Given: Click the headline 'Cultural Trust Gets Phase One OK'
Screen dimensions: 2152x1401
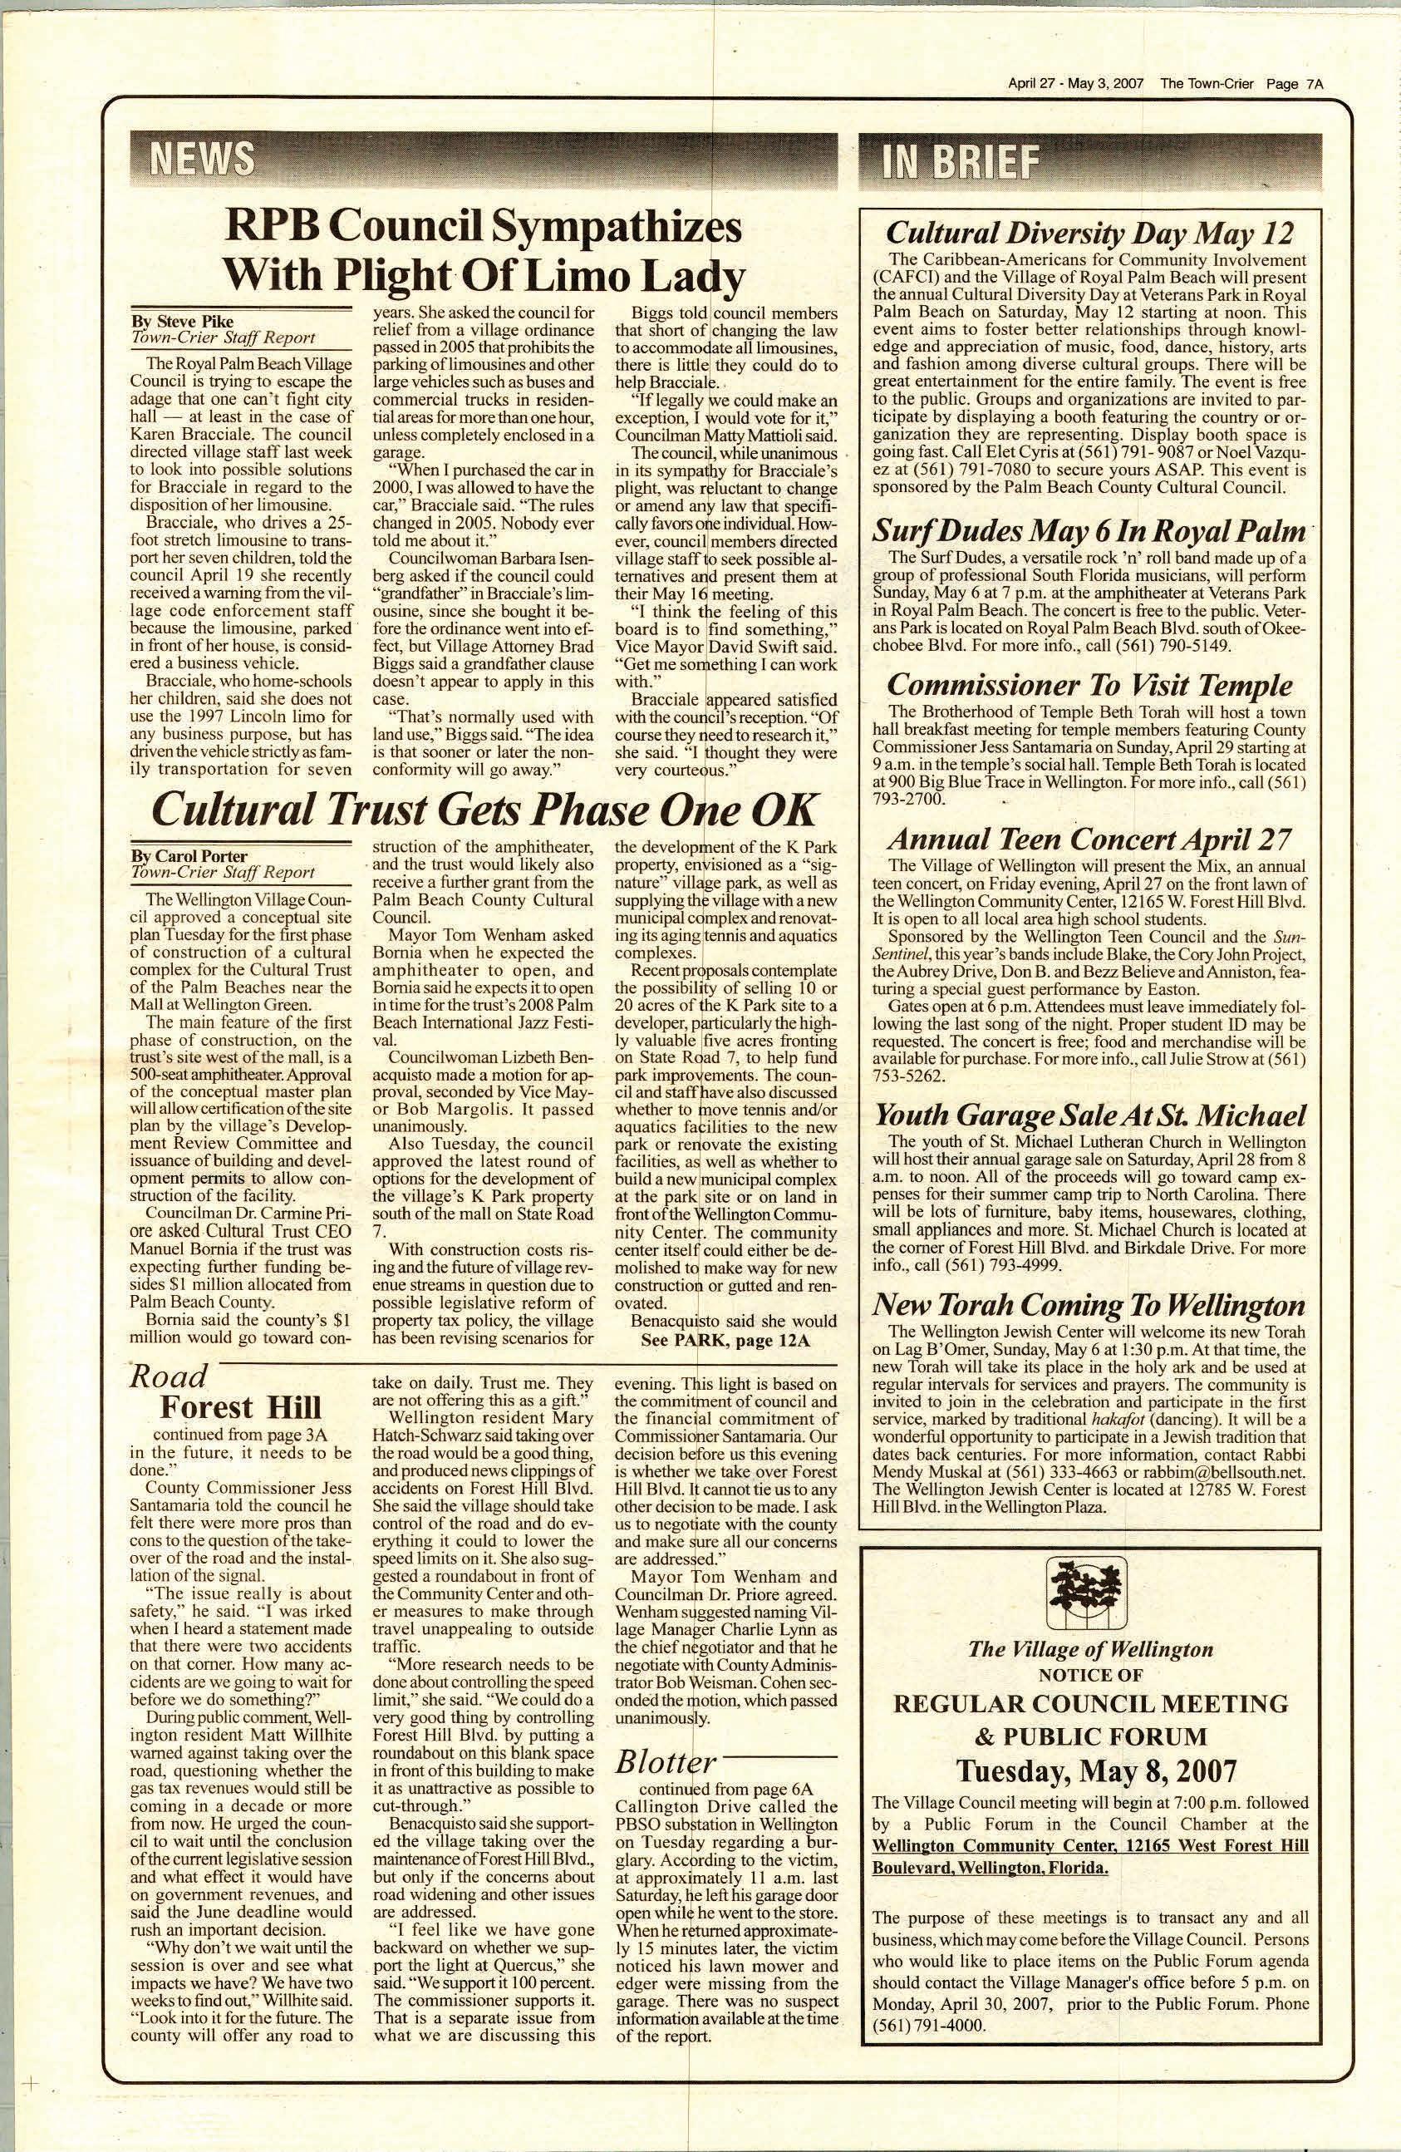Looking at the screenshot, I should click(484, 809).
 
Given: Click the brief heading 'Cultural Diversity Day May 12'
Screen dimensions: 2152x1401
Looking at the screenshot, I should click(1089, 233).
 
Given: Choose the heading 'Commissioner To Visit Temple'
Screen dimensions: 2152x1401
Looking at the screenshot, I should click(1089, 684).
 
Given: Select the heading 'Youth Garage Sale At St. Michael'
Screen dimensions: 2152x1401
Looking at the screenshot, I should click(1089, 1115).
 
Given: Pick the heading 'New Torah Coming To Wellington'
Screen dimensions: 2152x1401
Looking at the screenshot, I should click(1089, 1305).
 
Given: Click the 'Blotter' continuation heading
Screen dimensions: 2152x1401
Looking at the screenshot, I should click(666, 1762).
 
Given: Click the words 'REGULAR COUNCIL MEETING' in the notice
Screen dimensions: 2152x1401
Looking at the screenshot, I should click(1089, 1703).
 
